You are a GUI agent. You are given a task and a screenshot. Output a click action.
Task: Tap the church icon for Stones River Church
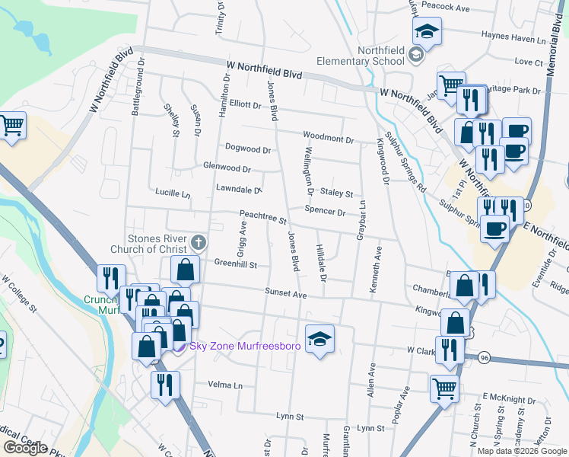(x=199, y=243)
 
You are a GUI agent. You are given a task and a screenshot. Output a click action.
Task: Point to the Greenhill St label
(x=236, y=264)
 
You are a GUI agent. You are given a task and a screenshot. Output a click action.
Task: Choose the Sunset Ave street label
(x=285, y=292)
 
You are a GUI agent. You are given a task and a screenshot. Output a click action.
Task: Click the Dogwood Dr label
(x=248, y=148)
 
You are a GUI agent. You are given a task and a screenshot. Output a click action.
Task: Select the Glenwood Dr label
(x=226, y=167)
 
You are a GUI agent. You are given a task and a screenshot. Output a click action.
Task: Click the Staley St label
(x=337, y=193)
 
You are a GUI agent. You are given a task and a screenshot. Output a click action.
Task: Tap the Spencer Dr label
(x=325, y=211)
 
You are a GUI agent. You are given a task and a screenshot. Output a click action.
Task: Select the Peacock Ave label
(x=448, y=8)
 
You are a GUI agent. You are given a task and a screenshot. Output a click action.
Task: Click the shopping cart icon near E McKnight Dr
(x=445, y=388)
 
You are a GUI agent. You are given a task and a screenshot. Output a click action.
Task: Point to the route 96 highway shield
(x=484, y=357)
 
